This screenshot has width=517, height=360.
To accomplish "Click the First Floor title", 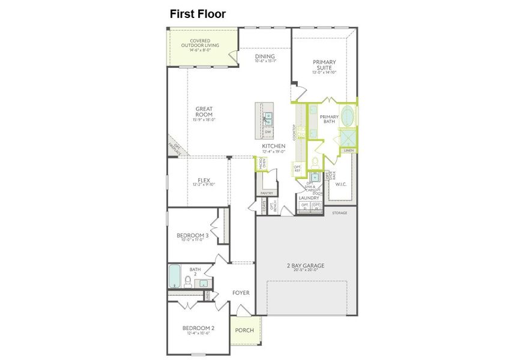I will (x=197, y=14).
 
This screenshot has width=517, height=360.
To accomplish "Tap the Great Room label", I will (x=204, y=112).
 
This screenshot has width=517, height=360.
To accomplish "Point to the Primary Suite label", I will (x=324, y=65).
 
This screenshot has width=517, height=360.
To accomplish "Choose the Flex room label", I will (x=203, y=181).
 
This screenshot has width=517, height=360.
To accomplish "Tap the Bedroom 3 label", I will (x=192, y=236).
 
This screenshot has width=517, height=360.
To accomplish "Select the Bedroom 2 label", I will (x=198, y=328).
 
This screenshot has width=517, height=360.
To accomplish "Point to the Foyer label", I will (x=241, y=293).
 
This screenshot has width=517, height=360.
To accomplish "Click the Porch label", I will (x=244, y=330).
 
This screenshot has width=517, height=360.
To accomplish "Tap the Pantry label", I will (x=267, y=193).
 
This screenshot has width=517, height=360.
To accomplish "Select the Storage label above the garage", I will (x=339, y=212).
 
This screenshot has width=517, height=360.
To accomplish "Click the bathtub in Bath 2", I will (x=175, y=276).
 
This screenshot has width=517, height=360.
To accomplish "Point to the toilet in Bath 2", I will (x=188, y=281).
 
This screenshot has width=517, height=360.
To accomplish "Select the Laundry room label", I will (x=309, y=197).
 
